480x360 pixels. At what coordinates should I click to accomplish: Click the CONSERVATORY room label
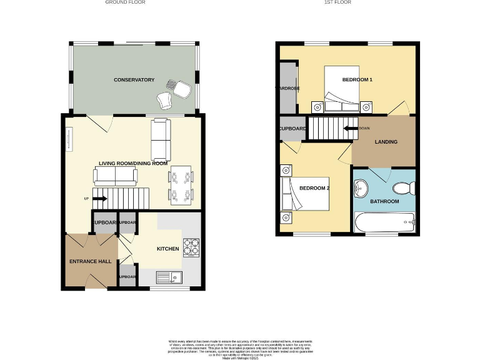pos(134,80)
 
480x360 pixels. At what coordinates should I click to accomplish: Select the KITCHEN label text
pos(168,249)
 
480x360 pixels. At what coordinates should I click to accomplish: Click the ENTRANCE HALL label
pos(90,261)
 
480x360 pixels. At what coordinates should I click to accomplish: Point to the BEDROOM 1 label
pos(357,80)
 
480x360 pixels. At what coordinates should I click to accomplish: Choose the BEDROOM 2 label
pos(314,188)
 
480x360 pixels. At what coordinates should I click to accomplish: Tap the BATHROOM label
pos(384,201)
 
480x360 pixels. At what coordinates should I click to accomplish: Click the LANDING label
pos(386,142)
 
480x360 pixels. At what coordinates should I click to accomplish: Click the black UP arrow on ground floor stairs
pos(100,199)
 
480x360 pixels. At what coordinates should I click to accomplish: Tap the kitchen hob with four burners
pos(191,247)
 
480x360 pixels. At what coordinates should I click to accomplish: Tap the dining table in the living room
pos(181,186)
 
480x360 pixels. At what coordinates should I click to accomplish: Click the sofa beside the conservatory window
pos(161,139)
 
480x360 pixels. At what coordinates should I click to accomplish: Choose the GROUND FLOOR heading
pos(125,2)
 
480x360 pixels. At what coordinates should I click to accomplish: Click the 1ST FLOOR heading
pos(337,2)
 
